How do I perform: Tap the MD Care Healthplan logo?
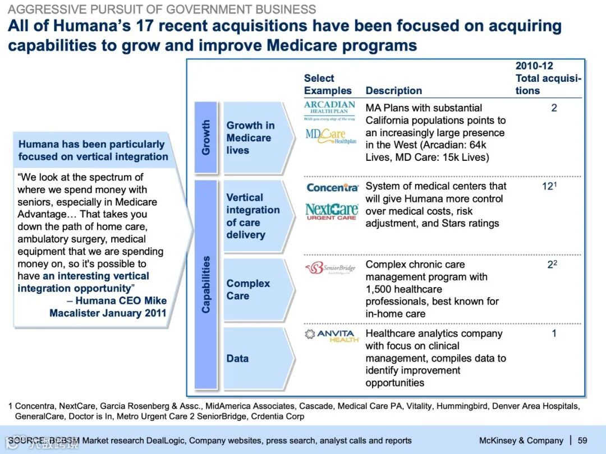pyautogui.click(x=330, y=136)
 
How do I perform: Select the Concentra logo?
pyautogui.click(x=332, y=188)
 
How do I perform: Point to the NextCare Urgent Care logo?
pyautogui.click(x=332, y=211)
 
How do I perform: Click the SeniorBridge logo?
pyautogui.click(x=330, y=268)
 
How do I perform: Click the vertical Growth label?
pyautogui.click(x=206, y=137)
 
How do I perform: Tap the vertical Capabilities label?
pyautogui.click(x=206, y=284)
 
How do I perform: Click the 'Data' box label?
pyautogui.click(x=237, y=358)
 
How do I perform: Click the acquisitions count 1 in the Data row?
pyautogui.click(x=554, y=333)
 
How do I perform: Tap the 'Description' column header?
pyautogui.click(x=393, y=91)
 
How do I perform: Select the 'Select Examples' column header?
pyautogui.click(x=328, y=85)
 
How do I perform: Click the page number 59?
pyautogui.click(x=582, y=441)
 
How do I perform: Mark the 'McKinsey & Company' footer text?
pyautogui.click(x=521, y=441)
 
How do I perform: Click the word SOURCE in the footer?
pyautogui.click(x=26, y=441)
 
